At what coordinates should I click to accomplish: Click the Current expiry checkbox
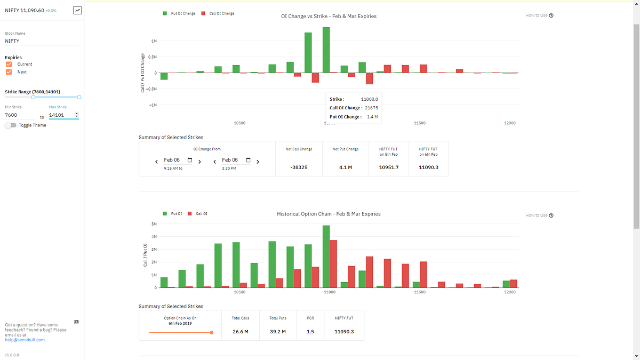point(9,65)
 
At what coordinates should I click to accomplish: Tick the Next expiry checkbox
point(9,72)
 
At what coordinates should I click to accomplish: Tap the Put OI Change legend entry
point(179,13)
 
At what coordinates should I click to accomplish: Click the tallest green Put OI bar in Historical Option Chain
point(326,256)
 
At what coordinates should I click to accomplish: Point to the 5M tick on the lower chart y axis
point(154,224)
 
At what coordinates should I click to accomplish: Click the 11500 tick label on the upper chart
point(420,123)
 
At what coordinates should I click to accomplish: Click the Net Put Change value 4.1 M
point(346,167)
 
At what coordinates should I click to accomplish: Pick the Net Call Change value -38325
point(299,167)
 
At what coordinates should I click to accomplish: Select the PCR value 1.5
point(310,332)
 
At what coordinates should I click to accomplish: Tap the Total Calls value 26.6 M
point(241,332)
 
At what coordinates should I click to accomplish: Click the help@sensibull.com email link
point(25,340)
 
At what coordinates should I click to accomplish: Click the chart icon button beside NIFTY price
point(77,10)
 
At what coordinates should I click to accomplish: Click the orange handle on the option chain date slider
point(212,332)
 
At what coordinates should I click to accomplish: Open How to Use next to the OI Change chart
point(539,15)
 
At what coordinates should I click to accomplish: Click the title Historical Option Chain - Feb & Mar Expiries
point(329,214)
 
